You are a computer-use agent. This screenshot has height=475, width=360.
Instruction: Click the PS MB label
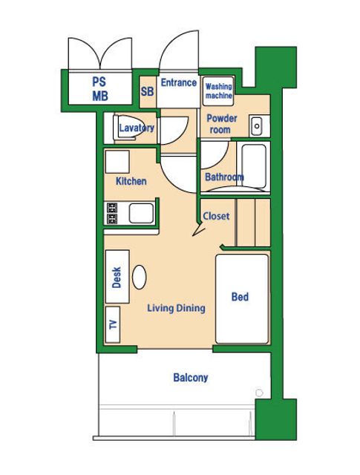[x=100, y=89]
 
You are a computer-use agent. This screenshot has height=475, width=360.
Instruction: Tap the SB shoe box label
[x=147, y=91]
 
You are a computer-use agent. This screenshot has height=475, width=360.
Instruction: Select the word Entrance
[x=178, y=82]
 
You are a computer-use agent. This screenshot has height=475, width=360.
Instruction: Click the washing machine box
[x=218, y=91]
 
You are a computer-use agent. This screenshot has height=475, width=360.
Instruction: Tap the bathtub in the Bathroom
[x=254, y=166]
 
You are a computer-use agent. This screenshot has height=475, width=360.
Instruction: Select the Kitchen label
[x=131, y=181]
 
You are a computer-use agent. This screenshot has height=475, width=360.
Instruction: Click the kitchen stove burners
[x=112, y=213]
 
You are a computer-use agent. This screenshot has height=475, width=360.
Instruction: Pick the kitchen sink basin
[x=141, y=213]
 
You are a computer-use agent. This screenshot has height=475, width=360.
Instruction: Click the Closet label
[x=216, y=216]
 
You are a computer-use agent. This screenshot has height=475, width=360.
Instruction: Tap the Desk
[x=117, y=277]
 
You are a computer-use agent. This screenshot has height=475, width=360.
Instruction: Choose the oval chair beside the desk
[x=140, y=277]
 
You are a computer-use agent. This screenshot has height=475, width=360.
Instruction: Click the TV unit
[x=113, y=324]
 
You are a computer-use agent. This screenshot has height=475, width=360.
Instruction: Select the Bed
[x=242, y=299]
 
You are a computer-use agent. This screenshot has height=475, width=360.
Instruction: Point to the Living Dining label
[x=176, y=308]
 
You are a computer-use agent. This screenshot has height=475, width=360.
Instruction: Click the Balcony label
[x=191, y=378]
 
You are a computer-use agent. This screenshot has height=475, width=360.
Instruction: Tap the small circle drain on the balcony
[x=259, y=393]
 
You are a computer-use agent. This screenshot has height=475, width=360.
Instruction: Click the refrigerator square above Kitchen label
[x=117, y=162]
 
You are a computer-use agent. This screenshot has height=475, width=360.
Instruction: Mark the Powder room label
[x=222, y=124]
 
